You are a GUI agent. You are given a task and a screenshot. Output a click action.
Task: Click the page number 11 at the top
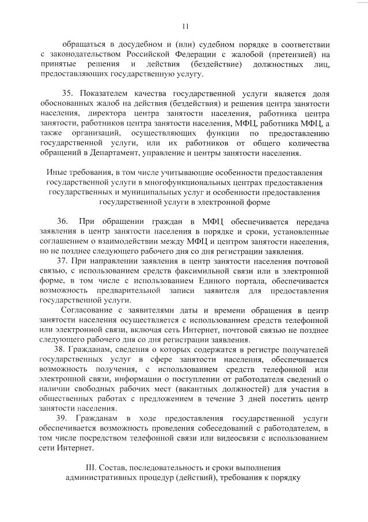(185, 25)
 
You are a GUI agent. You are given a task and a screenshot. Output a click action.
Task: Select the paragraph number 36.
(62, 221)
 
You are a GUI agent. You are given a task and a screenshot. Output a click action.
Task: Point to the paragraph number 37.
(62, 261)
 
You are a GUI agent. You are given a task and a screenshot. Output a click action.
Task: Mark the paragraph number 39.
(62, 418)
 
